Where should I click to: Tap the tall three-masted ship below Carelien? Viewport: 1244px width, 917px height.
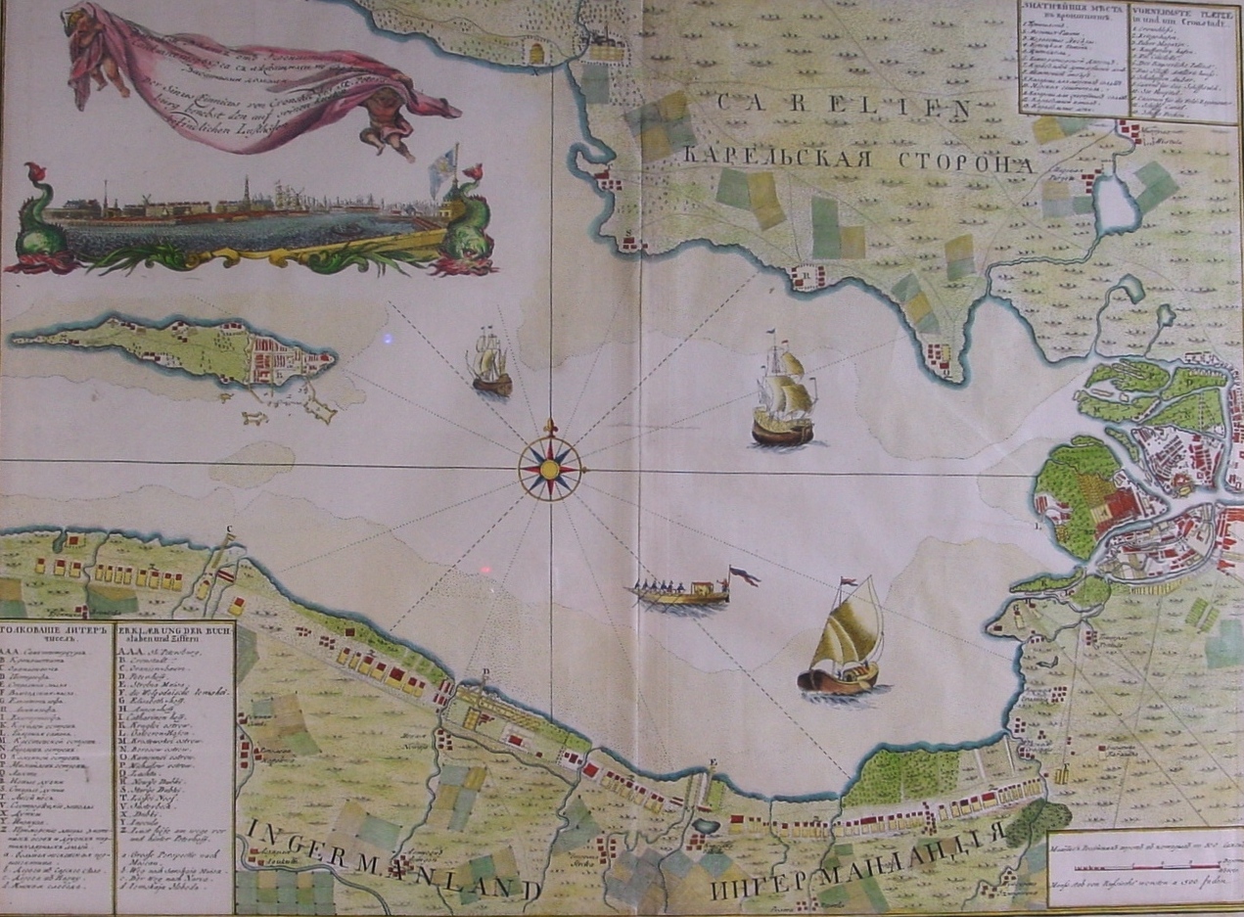coord(784,391)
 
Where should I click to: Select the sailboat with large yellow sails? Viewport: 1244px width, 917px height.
coord(844,641)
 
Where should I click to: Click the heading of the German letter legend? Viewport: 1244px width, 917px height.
coord(174,634)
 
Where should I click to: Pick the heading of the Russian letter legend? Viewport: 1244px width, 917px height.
coord(57,634)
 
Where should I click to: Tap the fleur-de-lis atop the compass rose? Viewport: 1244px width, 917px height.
coord(549,428)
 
